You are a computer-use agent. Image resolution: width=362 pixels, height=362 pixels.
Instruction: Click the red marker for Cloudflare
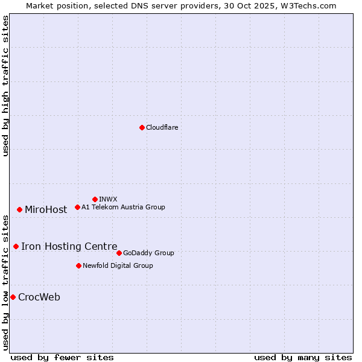142,127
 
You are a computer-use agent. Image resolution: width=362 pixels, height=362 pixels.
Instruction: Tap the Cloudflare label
162,128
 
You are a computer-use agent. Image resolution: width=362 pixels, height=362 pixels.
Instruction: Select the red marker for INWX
95,199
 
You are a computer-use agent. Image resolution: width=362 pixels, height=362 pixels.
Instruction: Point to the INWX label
108,199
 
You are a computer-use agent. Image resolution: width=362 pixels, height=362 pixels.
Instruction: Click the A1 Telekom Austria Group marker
77,207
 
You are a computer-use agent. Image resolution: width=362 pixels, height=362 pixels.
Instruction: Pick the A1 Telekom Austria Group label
123,207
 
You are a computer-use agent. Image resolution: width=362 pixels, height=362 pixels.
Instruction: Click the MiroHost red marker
19,209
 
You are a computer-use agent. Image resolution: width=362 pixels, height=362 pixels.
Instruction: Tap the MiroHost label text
46,210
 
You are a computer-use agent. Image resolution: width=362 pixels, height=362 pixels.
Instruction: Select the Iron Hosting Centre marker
16,246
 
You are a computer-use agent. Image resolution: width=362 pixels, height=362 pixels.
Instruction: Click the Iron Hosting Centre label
69,246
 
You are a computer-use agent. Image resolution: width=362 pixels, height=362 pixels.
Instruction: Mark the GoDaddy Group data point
119,253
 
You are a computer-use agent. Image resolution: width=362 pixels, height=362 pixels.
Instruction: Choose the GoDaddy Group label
148,253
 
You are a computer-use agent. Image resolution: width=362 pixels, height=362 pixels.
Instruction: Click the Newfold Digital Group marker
78,265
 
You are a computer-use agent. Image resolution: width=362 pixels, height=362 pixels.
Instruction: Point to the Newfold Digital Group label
118,265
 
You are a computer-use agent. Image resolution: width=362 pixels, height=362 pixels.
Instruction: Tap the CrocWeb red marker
13,297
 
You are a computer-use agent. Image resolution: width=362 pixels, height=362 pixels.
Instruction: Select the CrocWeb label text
39,297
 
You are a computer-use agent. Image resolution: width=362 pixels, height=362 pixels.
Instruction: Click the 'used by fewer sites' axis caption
62,357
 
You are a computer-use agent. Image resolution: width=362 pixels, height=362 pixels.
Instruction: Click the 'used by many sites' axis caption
303,357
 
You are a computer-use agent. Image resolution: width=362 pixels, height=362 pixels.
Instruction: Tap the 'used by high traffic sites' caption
6,86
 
